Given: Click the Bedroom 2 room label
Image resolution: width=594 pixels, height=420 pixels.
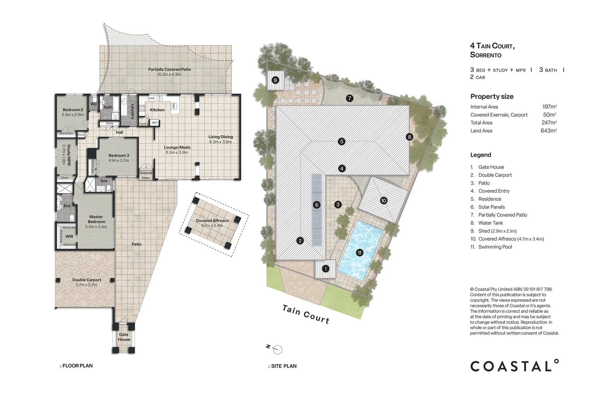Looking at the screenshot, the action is pyautogui.click(x=73, y=110).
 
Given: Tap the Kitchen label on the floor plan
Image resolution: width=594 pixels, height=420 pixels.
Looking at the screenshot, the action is pyautogui.click(x=157, y=110).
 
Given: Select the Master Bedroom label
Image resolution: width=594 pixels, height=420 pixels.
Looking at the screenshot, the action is pyautogui.click(x=96, y=219).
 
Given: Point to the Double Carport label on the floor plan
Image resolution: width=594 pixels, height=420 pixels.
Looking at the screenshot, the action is pyautogui.click(x=87, y=280).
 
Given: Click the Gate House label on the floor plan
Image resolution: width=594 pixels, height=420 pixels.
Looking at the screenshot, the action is pyautogui.click(x=124, y=337).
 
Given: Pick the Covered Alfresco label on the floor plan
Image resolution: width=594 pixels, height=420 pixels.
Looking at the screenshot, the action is pyautogui.click(x=212, y=220).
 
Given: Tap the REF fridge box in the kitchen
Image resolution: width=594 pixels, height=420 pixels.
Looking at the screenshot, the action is pyautogui.click(x=154, y=123).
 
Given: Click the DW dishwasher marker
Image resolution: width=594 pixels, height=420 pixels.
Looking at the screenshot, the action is pyautogui.click(x=151, y=98).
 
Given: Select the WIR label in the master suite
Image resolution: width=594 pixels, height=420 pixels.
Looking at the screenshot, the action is pyautogui.click(x=69, y=236).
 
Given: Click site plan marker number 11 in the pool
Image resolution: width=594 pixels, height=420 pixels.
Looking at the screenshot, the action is pyautogui.click(x=359, y=253).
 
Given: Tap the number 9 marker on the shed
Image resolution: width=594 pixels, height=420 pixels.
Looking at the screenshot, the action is pyautogui.click(x=275, y=80).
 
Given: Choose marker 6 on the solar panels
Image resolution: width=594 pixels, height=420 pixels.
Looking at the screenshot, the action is pyautogui.click(x=317, y=205).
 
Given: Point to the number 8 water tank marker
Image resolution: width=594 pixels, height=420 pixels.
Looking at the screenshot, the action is pyautogui.click(x=410, y=137).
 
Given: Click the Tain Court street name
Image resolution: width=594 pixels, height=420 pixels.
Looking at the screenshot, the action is pyautogui.click(x=306, y=315).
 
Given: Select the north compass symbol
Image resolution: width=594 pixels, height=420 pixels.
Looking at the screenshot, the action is pyautogui.click(x=275, y=349).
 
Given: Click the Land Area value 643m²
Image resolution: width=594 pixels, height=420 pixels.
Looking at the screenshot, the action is pyautogui.click(x=548, y=130).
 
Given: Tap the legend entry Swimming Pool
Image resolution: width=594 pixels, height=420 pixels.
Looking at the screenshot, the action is pyautogui.click(x=495, y=247).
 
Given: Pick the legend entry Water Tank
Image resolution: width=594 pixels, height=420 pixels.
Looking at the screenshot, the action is pyautogui.click(x=491, y=223).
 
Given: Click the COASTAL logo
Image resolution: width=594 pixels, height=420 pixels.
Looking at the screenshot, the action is pyautogui.click(x=514, y=366).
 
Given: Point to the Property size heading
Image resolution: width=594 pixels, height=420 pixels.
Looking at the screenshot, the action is pyautogui.click(x=492, y=96).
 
